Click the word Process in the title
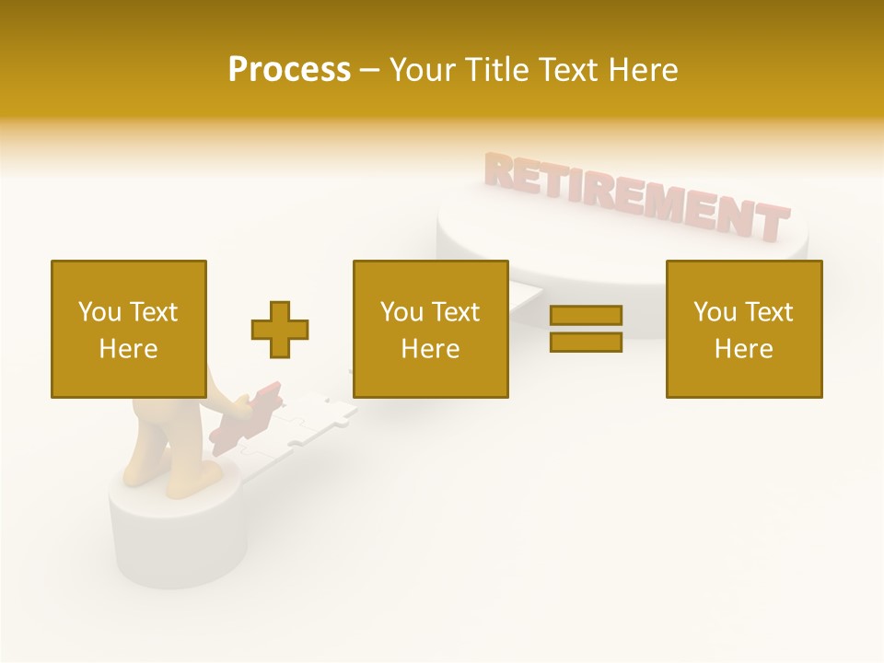point(289,70)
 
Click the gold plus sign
point(280,329)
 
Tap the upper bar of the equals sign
point(586,316)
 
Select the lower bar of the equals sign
point(586,342)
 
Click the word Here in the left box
point(128,349)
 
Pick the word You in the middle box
point(401,312)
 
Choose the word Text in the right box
point(770,312)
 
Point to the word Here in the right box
point(743,349)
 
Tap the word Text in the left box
point(154,312)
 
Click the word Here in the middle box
point(430,349)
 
